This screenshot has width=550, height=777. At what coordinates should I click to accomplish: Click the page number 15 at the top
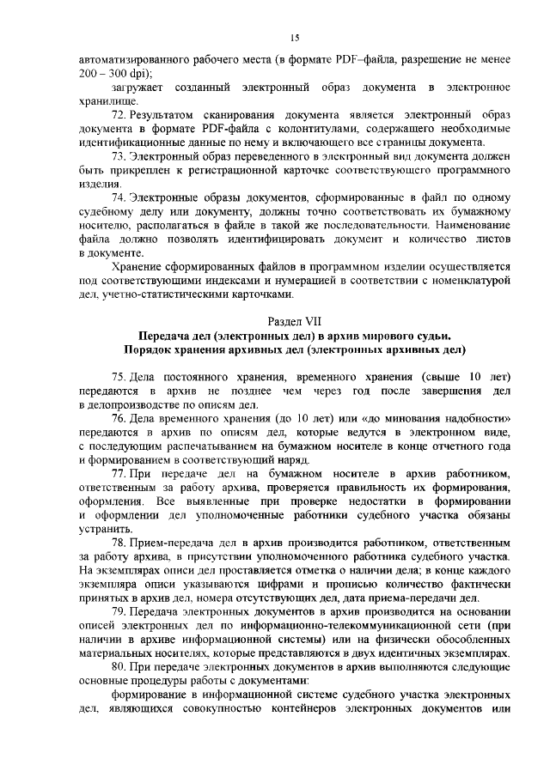[294, 37]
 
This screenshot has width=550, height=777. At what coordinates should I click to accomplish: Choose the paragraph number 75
[121, 377]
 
